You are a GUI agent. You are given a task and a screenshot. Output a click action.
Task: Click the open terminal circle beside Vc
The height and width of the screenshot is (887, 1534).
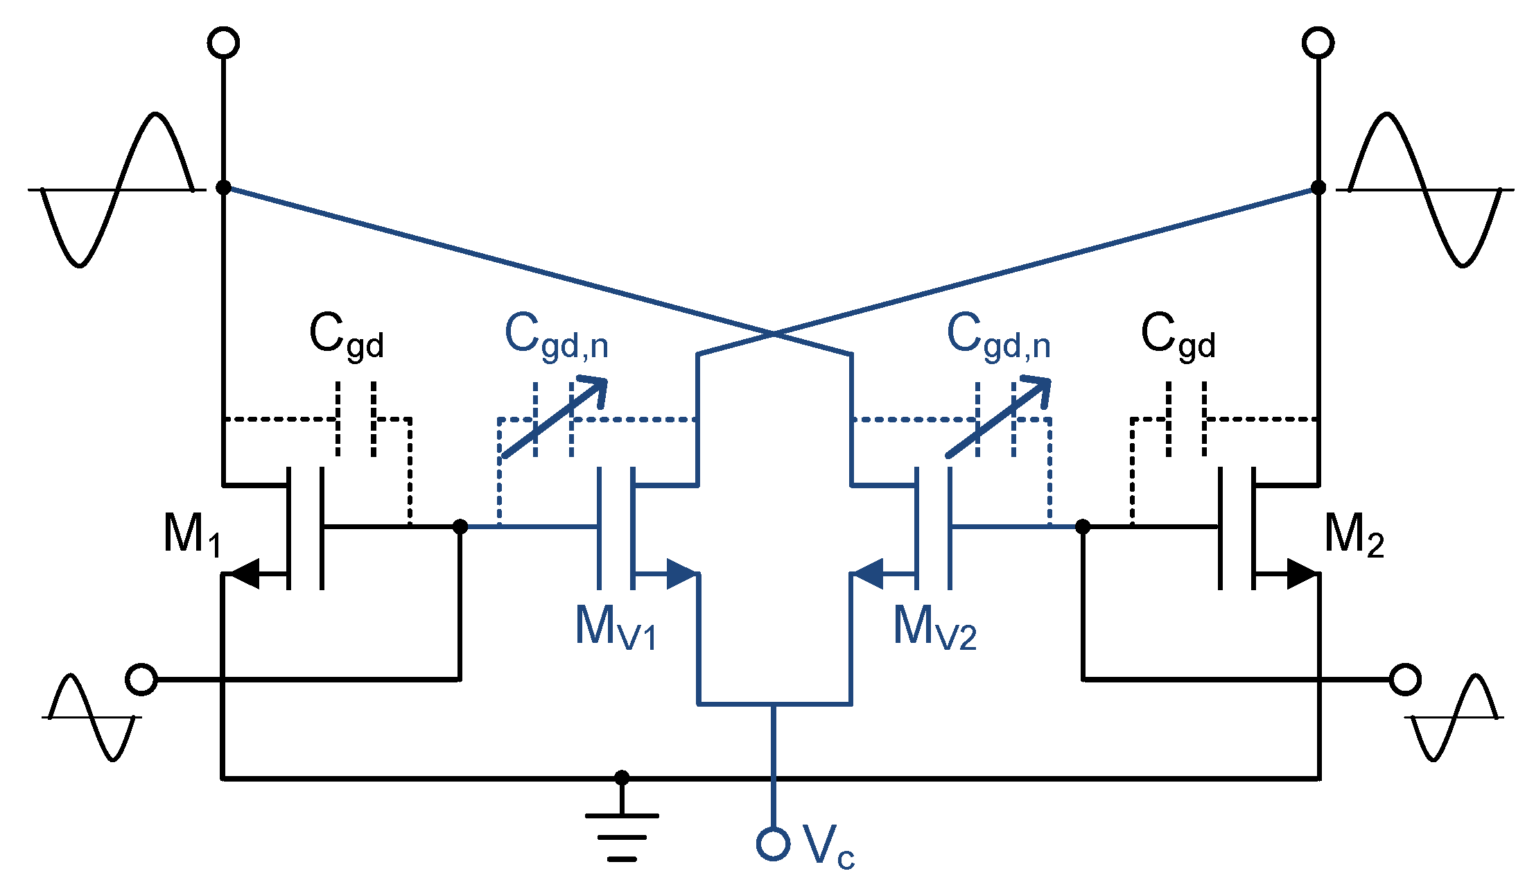(773, 844)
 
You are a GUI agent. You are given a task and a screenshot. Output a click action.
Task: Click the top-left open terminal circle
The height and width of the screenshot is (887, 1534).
(223, 43)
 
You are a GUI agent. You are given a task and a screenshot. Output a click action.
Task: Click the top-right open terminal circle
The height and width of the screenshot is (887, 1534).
(1318, 43)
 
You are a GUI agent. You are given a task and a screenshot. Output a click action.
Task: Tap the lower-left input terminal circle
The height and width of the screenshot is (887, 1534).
(141, 679)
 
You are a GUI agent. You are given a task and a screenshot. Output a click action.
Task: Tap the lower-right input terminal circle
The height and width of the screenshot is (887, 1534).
(1406, 679)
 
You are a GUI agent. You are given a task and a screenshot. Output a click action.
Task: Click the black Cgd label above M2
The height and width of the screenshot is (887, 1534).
(1177, 336)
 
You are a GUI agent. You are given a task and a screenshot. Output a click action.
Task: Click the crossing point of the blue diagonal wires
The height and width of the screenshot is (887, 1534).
(774, 334)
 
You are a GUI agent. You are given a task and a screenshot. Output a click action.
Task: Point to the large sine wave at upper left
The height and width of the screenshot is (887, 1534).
(116, 189)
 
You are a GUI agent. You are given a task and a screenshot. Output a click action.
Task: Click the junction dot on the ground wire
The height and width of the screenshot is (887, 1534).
(622, 777)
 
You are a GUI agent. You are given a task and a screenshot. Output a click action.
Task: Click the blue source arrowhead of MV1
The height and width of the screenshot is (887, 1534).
(681, 574)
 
